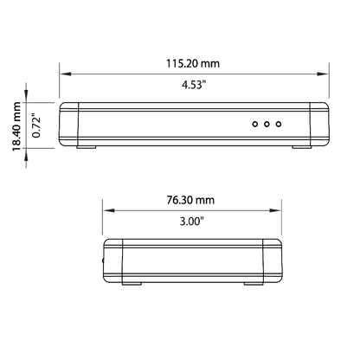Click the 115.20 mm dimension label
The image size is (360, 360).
coord(193,63)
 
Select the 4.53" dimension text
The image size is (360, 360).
coord(194,85)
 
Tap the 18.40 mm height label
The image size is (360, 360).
coord(16,126)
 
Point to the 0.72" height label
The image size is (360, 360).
coord(36,126)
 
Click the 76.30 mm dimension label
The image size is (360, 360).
coord(190,200)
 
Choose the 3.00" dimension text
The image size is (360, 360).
coord(192,222)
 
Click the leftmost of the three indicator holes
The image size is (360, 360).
coord(255,124)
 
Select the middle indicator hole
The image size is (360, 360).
coord(267,124)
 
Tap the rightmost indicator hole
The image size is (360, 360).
coord(279,124)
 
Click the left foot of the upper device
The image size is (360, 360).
coord(87,147)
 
